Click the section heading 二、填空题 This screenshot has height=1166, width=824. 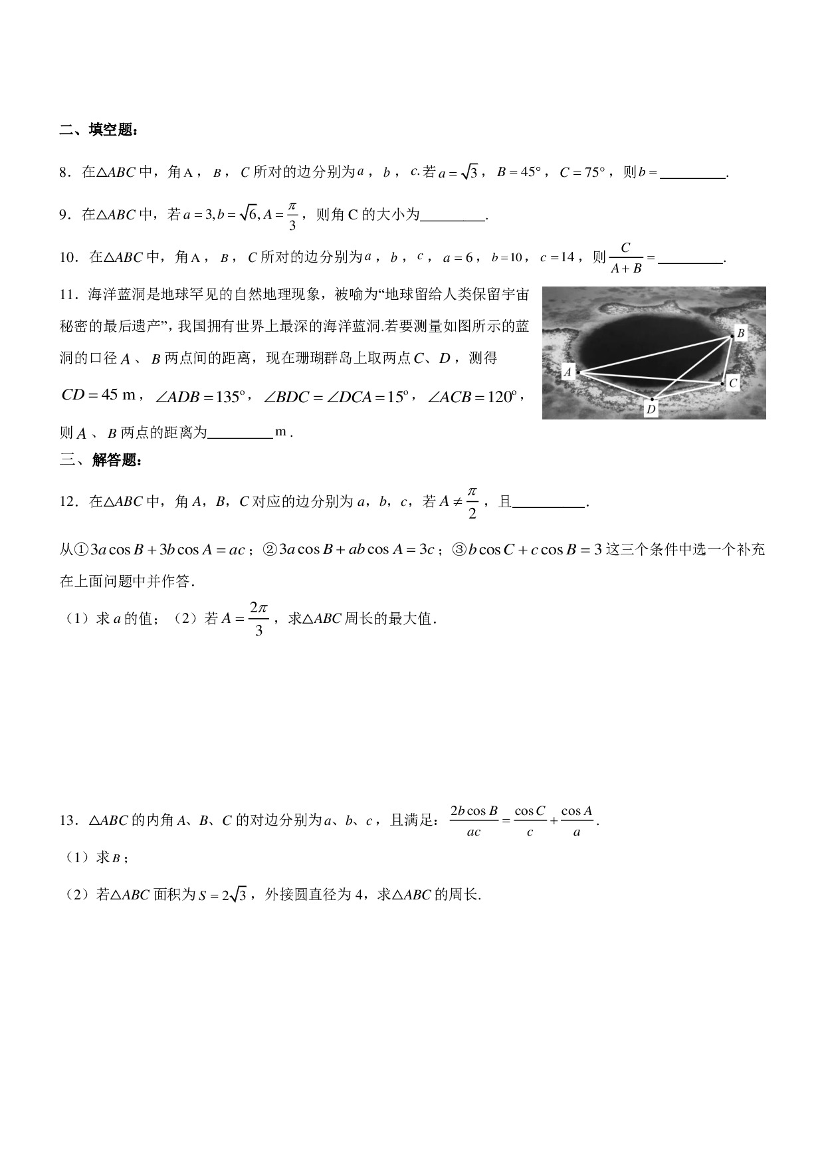pos(99,130)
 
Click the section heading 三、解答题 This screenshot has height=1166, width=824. pos(100,460)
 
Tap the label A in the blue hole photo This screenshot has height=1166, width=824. pos(567,372)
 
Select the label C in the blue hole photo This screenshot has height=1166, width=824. pos(732,383)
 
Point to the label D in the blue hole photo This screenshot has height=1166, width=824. pos(651,409)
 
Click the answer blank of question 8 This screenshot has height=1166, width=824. pos(693,174)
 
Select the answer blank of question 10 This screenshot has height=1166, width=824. pos(690,259)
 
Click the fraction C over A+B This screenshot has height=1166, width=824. pos(625,258)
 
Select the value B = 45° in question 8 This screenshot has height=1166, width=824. pos(519,173)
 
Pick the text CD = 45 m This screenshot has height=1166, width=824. pos(98,396)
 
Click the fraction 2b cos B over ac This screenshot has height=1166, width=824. pos(473,821)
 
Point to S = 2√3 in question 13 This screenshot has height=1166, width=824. pos(223,895)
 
